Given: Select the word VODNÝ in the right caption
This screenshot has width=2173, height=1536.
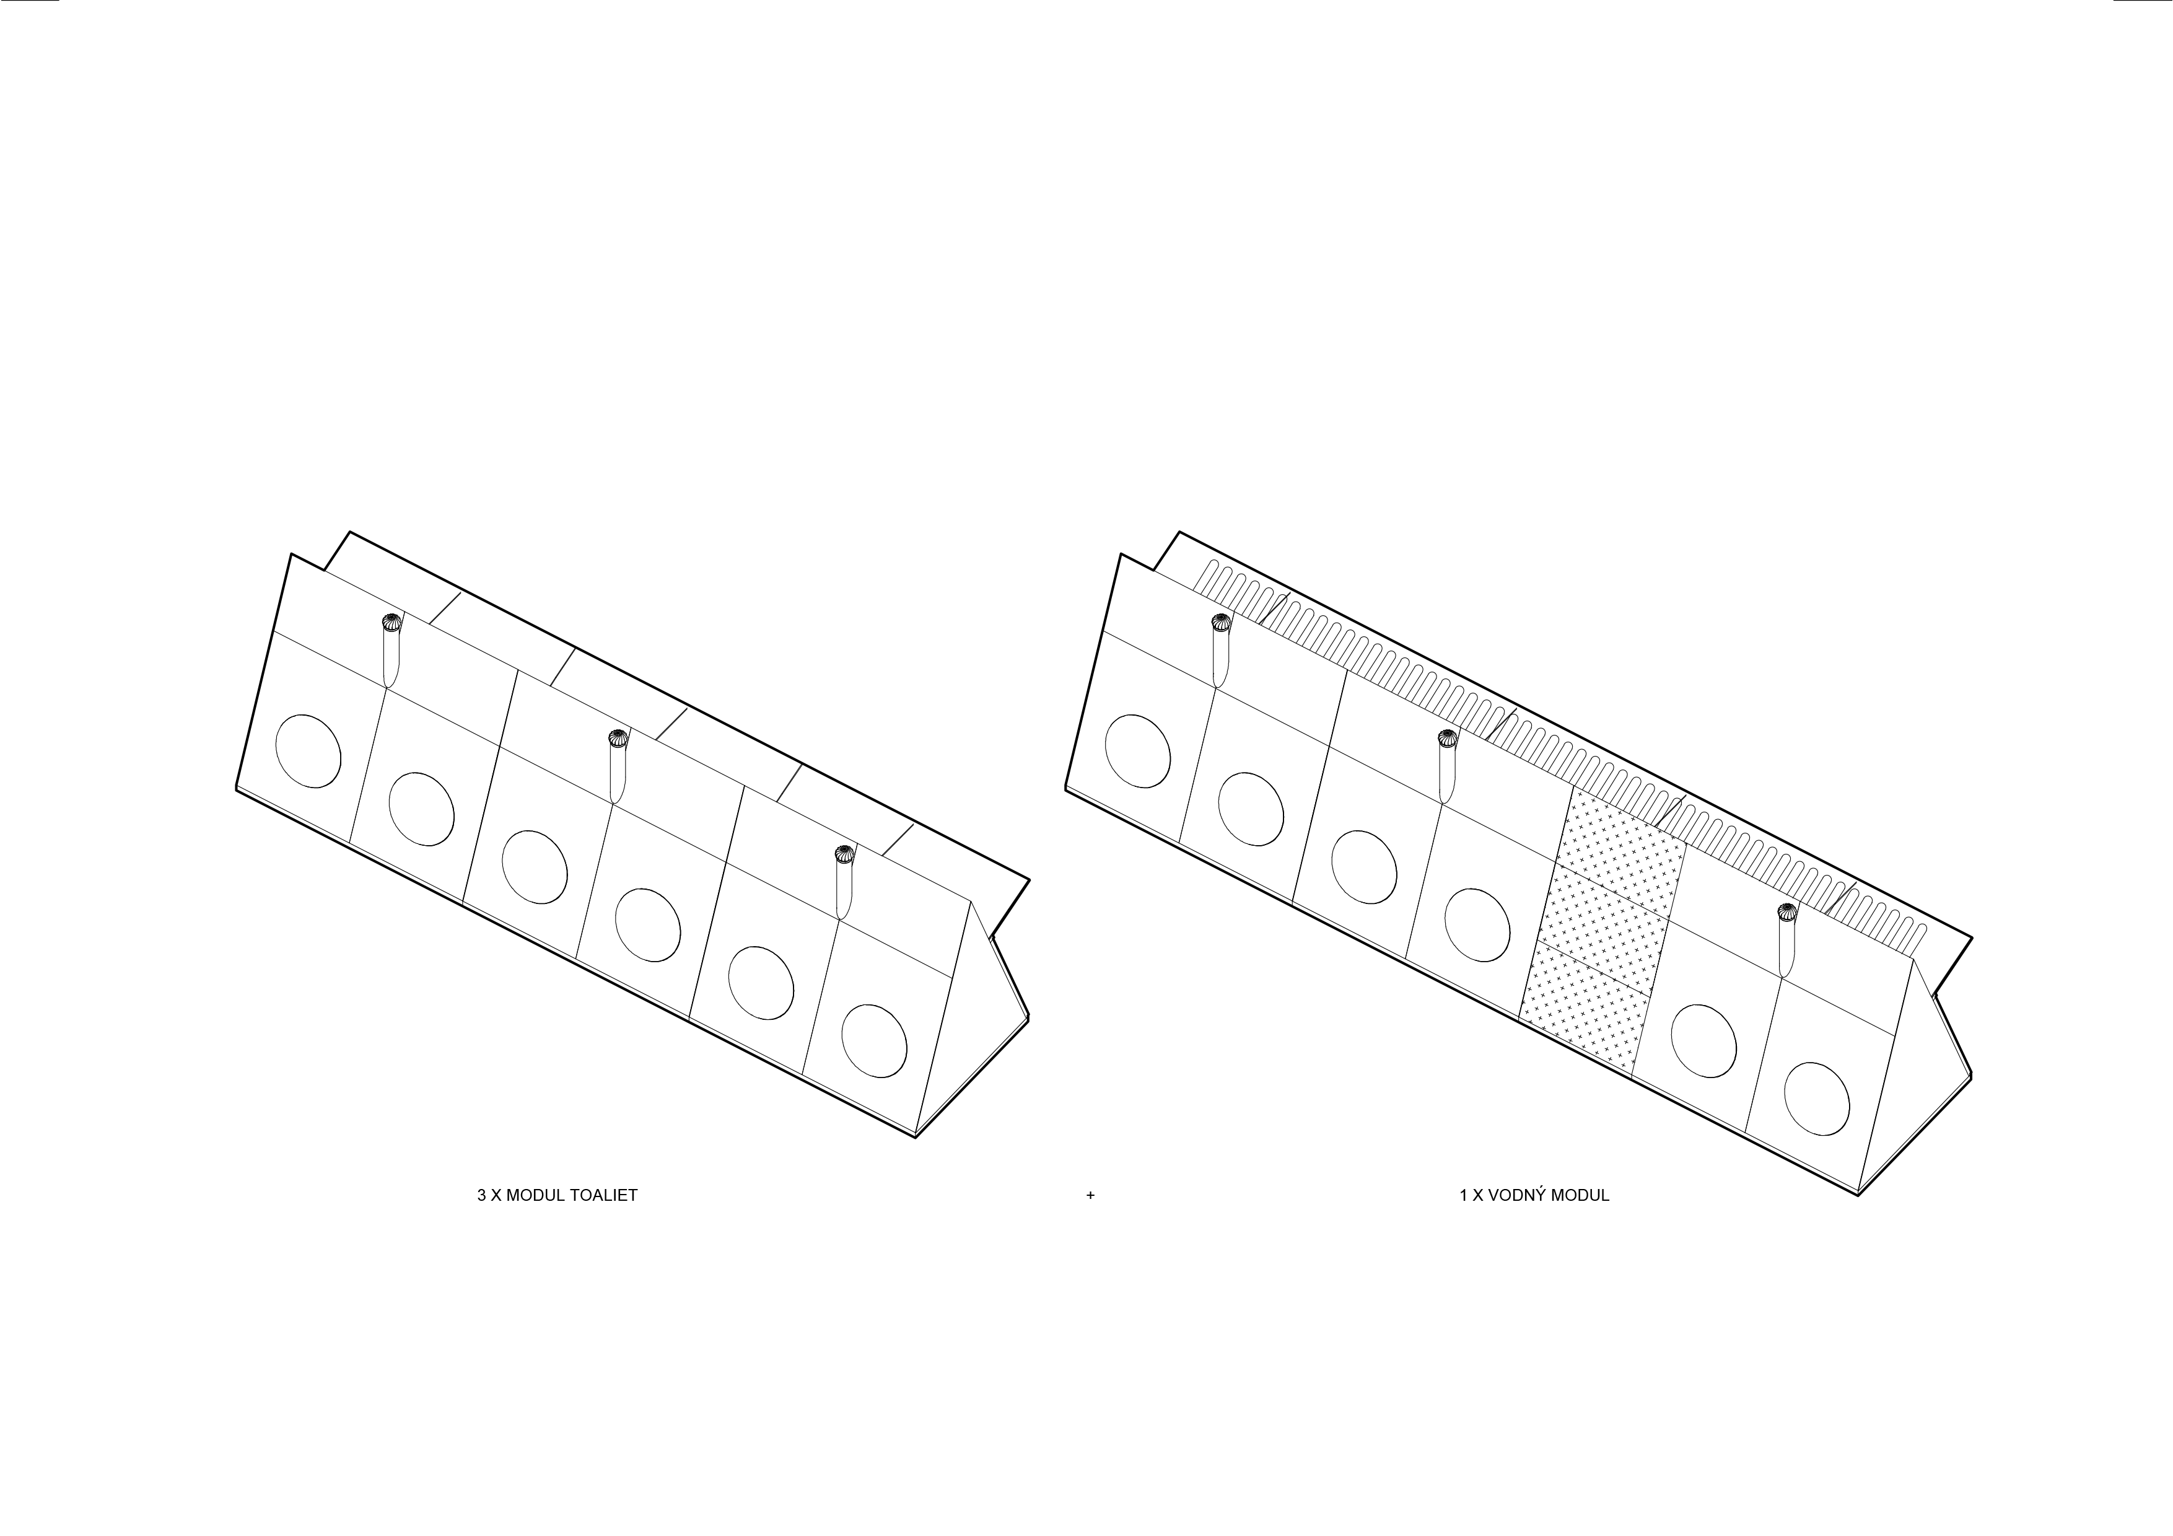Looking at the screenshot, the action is point(1516,1195).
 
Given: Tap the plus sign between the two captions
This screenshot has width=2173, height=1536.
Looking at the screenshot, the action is point(1090,1195).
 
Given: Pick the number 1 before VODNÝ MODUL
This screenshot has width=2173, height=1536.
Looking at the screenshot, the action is point(1463,1195).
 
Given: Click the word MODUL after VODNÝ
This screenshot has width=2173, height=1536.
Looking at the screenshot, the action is point(1580,1195).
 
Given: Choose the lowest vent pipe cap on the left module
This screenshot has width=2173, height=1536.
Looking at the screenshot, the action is point(843,854).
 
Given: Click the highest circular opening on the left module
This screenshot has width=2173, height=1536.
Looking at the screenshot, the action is point(308,750).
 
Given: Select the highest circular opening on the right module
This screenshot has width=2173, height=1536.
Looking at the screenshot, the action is point(1138,750).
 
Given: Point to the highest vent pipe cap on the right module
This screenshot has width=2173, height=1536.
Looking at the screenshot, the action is point(1221,622).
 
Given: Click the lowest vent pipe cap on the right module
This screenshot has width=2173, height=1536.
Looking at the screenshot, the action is point(1786,911).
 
